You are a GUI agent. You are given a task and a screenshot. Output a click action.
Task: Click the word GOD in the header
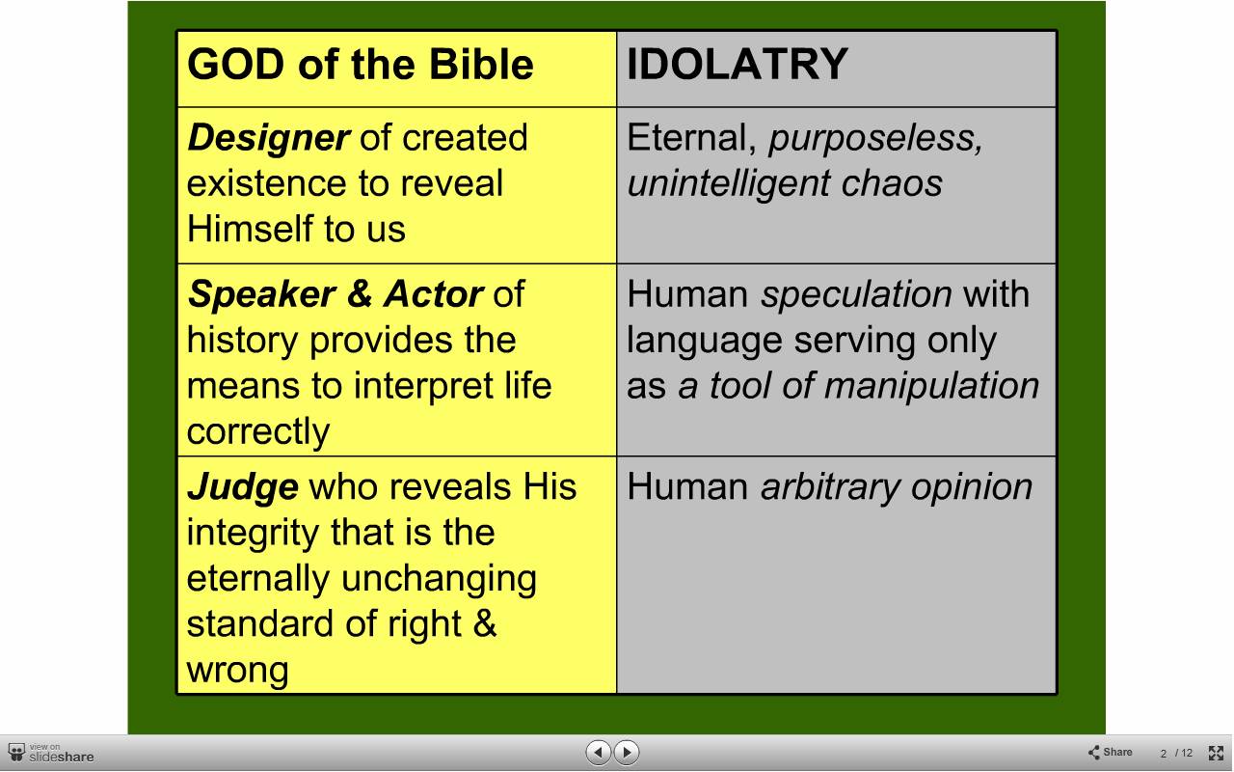[x=235, y=64]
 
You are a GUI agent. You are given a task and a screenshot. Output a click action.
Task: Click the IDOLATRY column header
[x=738, y=64]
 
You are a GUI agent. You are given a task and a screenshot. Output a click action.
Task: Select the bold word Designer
[x=268, y=138]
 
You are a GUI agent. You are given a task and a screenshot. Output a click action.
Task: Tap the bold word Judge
[x=243, y=487]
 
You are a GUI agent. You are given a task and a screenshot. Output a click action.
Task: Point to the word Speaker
[x=261, y=294]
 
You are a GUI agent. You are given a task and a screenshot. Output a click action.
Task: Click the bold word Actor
[x=434, y=294]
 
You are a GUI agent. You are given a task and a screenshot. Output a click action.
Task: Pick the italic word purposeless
[x=875, y=138]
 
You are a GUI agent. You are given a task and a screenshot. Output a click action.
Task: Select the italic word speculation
[x=856, y=294]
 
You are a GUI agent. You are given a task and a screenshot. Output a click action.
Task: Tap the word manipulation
[x=931, y=386]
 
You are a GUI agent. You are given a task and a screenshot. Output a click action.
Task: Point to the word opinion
[x=972, y=487]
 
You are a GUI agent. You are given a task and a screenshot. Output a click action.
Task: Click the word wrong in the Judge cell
[x=237, y=671]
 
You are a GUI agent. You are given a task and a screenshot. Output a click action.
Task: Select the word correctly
[x=257, y=431]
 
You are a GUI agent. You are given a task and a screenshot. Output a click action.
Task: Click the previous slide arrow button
[x=598, y=752]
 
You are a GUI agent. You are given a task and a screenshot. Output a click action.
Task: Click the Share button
[x=1111, y=752]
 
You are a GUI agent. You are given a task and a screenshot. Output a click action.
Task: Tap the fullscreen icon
[x=1216, y=753]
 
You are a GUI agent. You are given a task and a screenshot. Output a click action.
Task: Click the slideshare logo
[x=51, y=754]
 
